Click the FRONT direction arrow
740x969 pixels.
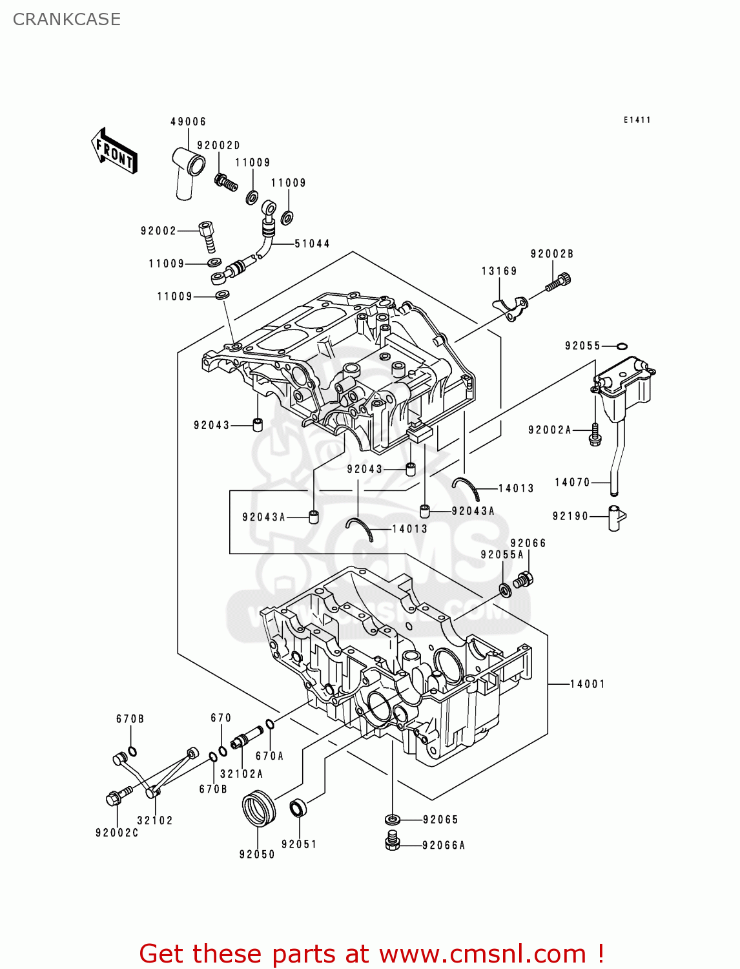[114, 151]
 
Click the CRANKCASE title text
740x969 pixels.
[67, 19]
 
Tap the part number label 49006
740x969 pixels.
[189, 121]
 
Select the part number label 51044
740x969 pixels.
[312, 244]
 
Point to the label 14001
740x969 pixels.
[588, 684]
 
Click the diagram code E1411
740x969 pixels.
[637, 120]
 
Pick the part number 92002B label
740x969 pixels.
[551, 253]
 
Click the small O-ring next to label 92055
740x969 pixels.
[621, 346]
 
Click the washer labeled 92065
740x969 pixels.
[393, 820]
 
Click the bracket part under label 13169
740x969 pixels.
[511, 308]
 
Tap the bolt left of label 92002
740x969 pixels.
[207, 236]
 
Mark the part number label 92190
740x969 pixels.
[571, 516]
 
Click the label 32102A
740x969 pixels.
[242, 773]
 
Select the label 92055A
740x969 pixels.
[502, 554]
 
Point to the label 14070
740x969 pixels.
[572, 482]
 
